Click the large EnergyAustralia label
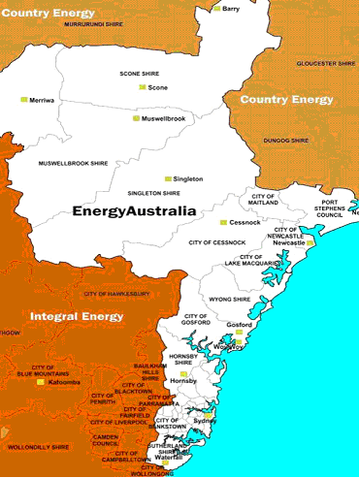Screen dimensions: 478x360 coord(134,210)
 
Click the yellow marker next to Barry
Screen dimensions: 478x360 coord(216,9)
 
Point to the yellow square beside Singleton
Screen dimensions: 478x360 coord(167,179)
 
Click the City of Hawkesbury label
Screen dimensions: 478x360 coord(116,293)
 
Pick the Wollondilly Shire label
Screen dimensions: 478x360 coord(41,447)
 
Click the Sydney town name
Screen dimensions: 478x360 coord(205,421)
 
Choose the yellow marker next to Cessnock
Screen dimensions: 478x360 coord(222,223)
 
